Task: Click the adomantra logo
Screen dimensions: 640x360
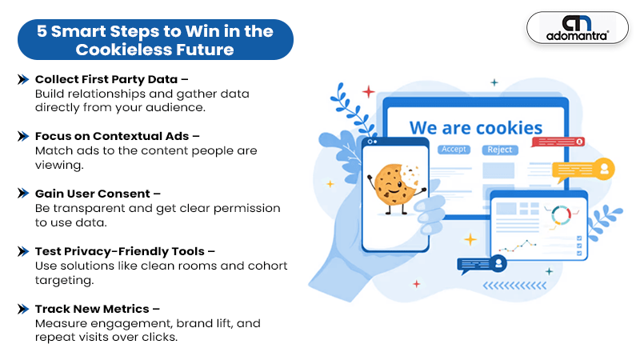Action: [578, 28]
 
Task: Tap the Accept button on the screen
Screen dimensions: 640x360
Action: [454, 150]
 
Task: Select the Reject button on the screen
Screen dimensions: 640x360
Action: [499, 150]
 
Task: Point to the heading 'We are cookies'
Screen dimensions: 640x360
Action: [476, 128]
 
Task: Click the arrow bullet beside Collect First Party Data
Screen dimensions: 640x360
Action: [23, 79]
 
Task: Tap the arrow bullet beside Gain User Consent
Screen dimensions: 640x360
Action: [23, 193]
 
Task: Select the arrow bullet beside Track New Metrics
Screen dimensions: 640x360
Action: [23, 309]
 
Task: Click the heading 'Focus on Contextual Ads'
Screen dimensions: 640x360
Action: [112, 136]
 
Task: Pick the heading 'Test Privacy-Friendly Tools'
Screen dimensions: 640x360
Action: [119, 251]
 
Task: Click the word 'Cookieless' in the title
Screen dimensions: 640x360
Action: [123, 50]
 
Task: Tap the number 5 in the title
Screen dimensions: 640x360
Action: [42, 31]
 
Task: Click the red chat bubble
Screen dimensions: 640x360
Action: [558, 142]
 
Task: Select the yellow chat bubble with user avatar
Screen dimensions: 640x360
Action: [583, 170]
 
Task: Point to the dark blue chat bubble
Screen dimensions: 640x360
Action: [482, 265]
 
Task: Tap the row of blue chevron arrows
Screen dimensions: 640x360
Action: [514, 286]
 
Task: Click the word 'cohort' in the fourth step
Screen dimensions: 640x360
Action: [267, 266]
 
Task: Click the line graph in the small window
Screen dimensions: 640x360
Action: [517, 246]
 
